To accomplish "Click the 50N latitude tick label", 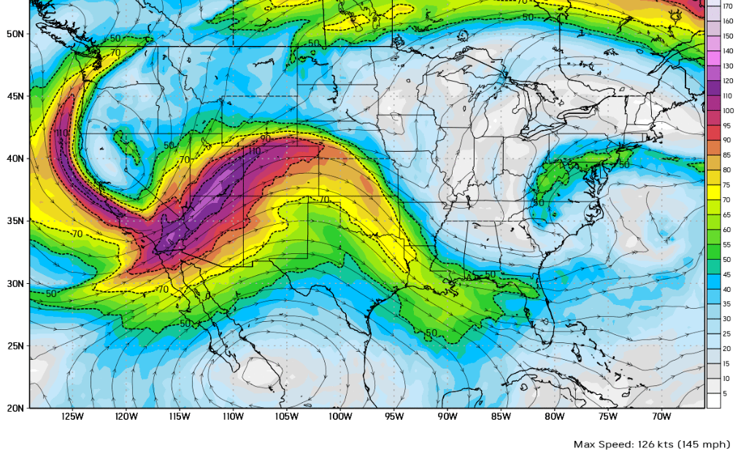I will click(14, 34).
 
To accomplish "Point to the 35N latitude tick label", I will click(14, 221).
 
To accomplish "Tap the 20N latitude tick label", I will click(14, 408).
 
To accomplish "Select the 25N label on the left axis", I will click(14, 346).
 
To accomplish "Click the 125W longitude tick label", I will click(72, 417).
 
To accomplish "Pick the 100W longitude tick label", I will click(340, 417).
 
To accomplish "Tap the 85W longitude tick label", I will click(501, 417).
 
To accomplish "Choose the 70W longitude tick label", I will click(661, 417).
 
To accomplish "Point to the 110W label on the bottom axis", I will click(233, 417).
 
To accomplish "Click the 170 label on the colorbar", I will click(728, 6).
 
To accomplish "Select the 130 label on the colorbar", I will click(728, 66).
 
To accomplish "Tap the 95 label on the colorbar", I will click(727, 126).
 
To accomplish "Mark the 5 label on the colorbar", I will click(726, 393).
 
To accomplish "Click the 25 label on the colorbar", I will click(727, 334).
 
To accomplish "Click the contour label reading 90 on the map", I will click(265, 138).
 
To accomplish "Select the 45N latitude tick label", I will click(14, 96).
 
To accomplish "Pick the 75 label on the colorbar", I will click(727, 185).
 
